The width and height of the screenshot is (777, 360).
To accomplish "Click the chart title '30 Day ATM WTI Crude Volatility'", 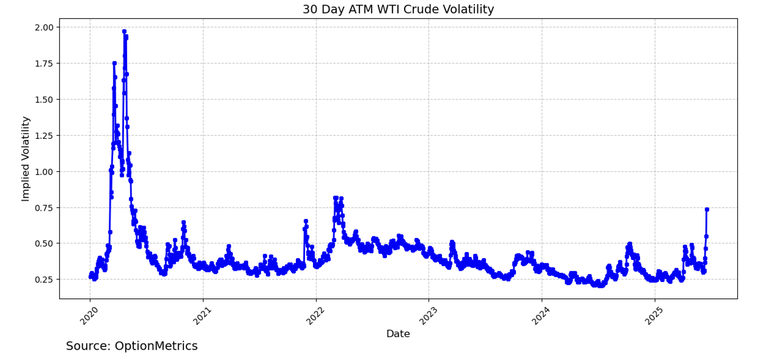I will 398,9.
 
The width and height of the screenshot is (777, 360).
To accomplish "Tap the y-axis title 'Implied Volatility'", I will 26,158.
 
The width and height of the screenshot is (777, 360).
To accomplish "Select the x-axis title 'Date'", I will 398,334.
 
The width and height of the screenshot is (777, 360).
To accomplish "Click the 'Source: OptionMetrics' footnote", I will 131,346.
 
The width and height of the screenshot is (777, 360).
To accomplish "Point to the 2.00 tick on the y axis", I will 44,27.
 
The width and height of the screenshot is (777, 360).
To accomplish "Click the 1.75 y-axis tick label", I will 44,63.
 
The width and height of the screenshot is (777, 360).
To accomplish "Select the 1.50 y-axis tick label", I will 44,100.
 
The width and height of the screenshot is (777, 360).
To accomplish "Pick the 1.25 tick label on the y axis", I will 44,135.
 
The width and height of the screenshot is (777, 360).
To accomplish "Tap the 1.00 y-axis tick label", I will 44,172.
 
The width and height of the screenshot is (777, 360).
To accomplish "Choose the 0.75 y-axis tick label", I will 44,207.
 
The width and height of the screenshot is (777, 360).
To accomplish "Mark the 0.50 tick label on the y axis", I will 44,244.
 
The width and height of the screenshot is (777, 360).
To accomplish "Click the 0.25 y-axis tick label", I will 44,280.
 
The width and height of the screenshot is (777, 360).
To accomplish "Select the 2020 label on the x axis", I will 89,315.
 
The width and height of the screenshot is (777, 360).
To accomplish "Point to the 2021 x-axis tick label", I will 202,315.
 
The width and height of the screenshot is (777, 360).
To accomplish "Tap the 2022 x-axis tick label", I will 315,315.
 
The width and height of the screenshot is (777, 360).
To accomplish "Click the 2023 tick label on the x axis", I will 428,315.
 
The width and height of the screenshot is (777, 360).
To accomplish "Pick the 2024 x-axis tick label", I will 541,315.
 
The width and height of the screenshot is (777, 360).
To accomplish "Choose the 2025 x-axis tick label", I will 654,315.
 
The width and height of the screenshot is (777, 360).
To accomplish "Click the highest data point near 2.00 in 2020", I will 124,31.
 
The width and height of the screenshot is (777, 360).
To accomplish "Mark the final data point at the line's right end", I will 707,209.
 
